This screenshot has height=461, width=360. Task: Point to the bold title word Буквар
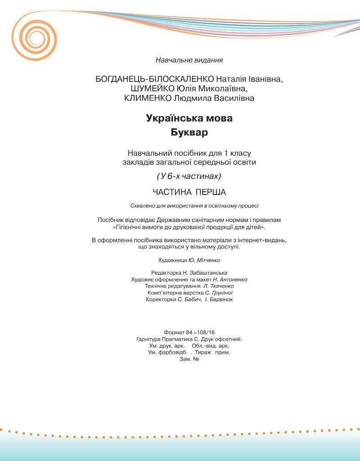[x=189, y=133]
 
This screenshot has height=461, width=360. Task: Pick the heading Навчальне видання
[x=189, y=59]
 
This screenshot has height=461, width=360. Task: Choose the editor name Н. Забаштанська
[x=205, y=273]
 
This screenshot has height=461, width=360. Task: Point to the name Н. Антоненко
[x=230, y=280]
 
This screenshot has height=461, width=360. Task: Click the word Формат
[x=175, y=332]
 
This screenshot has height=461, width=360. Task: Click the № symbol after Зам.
[x=196, y=359]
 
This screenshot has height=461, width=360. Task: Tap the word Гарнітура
[x=150, y=339]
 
